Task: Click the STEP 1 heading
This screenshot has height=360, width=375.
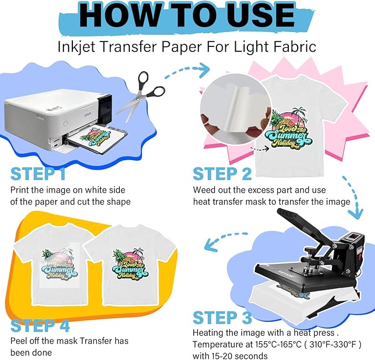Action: coord(38,174)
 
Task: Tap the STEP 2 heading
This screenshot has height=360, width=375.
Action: coord(223,174)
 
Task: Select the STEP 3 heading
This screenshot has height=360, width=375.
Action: coord(223,317)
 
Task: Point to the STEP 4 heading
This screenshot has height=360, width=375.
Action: coord(40,325)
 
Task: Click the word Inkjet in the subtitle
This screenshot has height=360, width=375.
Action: coord(77,46)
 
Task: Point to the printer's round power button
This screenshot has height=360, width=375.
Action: coord(65,124)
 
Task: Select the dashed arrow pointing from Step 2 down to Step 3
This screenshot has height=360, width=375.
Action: coord(353,198)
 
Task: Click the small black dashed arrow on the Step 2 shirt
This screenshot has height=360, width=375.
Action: coord(260,149)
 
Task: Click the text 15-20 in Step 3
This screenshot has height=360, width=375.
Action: coord(210,356)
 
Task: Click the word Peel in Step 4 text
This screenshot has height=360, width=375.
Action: coord(19,341)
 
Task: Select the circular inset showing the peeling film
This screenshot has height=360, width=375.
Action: coord(236,109)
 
